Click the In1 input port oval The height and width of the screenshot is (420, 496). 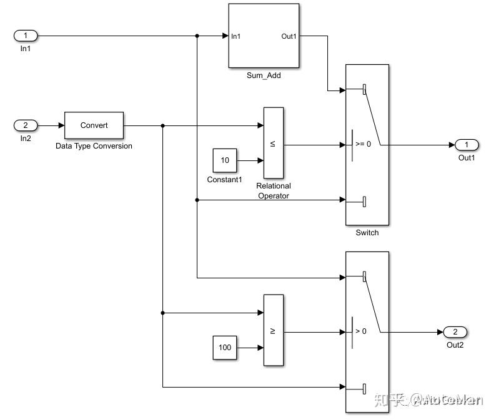pos(26,36)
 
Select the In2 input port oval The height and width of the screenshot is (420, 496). pos(26,125)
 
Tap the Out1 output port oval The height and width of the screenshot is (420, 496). pos(467,145)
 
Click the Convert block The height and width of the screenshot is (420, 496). pos(94,125)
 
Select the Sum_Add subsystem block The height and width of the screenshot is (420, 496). pos(264,36)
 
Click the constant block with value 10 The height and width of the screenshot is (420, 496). pos(225,160)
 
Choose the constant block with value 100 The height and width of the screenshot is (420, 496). pos(225,348)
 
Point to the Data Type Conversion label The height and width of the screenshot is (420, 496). pos(94,146)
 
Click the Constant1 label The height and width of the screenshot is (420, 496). pos(224,180)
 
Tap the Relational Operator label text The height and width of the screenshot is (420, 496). pos(273,190)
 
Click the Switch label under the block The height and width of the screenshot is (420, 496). pos(367,233)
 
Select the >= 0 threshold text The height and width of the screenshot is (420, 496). pos(363,144)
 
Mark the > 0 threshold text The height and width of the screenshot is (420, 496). pos(361,331)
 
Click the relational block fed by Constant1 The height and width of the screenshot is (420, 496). pos(273,143)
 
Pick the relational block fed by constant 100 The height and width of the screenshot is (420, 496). pos(273,330)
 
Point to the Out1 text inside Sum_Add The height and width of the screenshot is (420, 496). pos(289,36)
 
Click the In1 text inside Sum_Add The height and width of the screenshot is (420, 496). pos(236,36)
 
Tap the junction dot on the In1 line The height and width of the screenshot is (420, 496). pos(197,36)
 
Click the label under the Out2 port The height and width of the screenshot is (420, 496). pos(455,345)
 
